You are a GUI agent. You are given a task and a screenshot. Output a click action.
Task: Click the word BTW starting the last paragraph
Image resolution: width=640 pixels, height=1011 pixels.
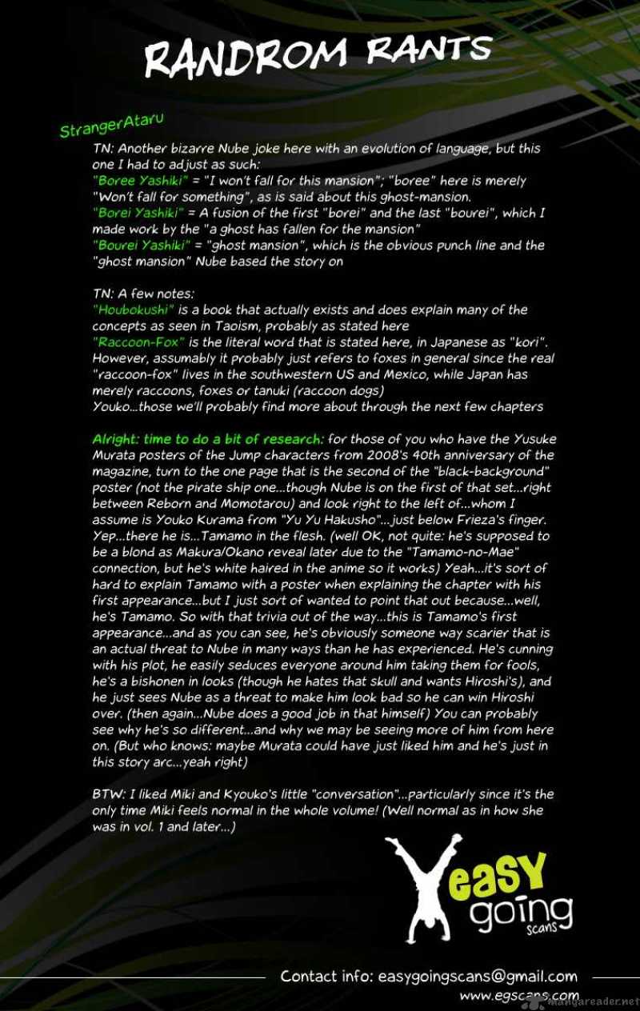coord(106,794)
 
